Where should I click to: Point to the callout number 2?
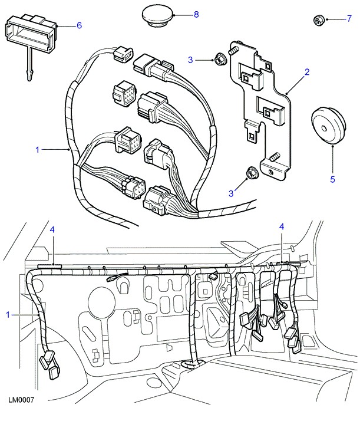coord(307,73)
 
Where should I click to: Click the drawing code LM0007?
coord(21,400)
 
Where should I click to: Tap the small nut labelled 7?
coord(317,21)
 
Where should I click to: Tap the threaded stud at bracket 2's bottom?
coord(275,157)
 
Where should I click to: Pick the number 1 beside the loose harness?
coord(38,150)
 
